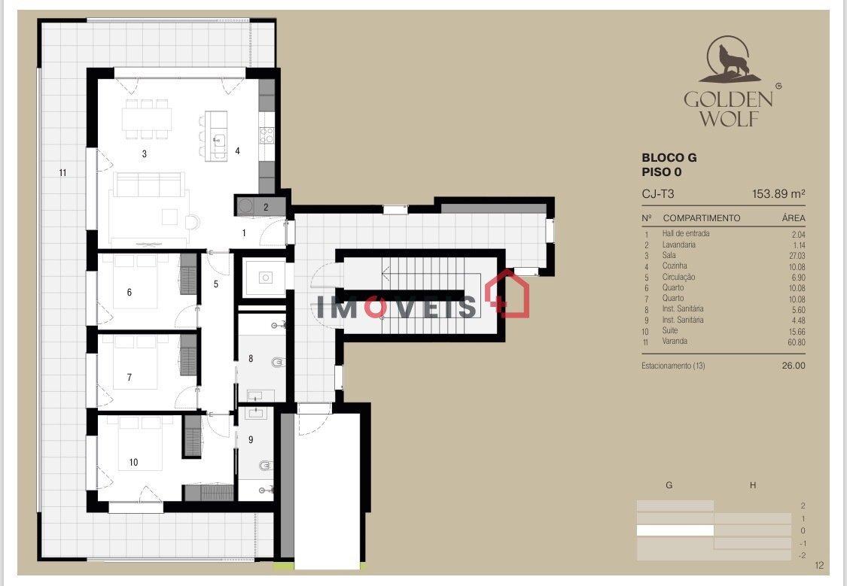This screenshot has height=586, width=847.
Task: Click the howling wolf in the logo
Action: (733, 60)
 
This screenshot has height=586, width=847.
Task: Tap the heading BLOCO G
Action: (669, 157)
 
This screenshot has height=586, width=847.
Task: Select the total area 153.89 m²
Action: (778, 194)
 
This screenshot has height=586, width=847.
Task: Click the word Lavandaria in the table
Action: (678, 244)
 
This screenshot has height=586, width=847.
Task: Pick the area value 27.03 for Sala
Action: (797, 256)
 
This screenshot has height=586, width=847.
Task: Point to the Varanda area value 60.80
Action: (797, 342)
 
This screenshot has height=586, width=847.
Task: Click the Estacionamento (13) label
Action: (673, 366)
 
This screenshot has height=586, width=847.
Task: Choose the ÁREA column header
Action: (793, 218)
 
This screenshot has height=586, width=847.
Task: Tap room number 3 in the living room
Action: (145, 153)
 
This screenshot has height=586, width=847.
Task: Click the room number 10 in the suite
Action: (133, 463)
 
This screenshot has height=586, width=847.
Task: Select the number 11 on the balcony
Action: (62, 173)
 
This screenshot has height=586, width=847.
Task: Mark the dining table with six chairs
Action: (146, 119)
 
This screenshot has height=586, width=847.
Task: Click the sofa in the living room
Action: (149, 184)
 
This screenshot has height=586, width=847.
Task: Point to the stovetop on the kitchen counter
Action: (267, 135)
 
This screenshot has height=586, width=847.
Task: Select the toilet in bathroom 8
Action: (277, 362)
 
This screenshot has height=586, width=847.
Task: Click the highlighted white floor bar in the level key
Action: (675, 530)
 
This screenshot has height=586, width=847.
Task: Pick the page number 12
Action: (819, 566)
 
